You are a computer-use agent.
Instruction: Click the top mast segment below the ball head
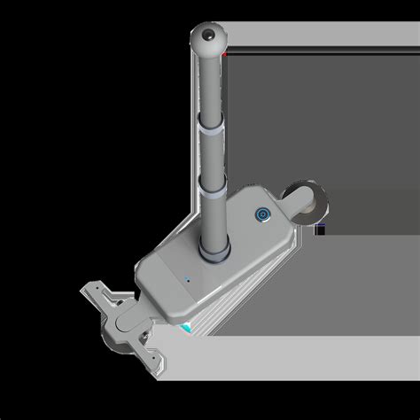pyautogui.click(x=210, y=89)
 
